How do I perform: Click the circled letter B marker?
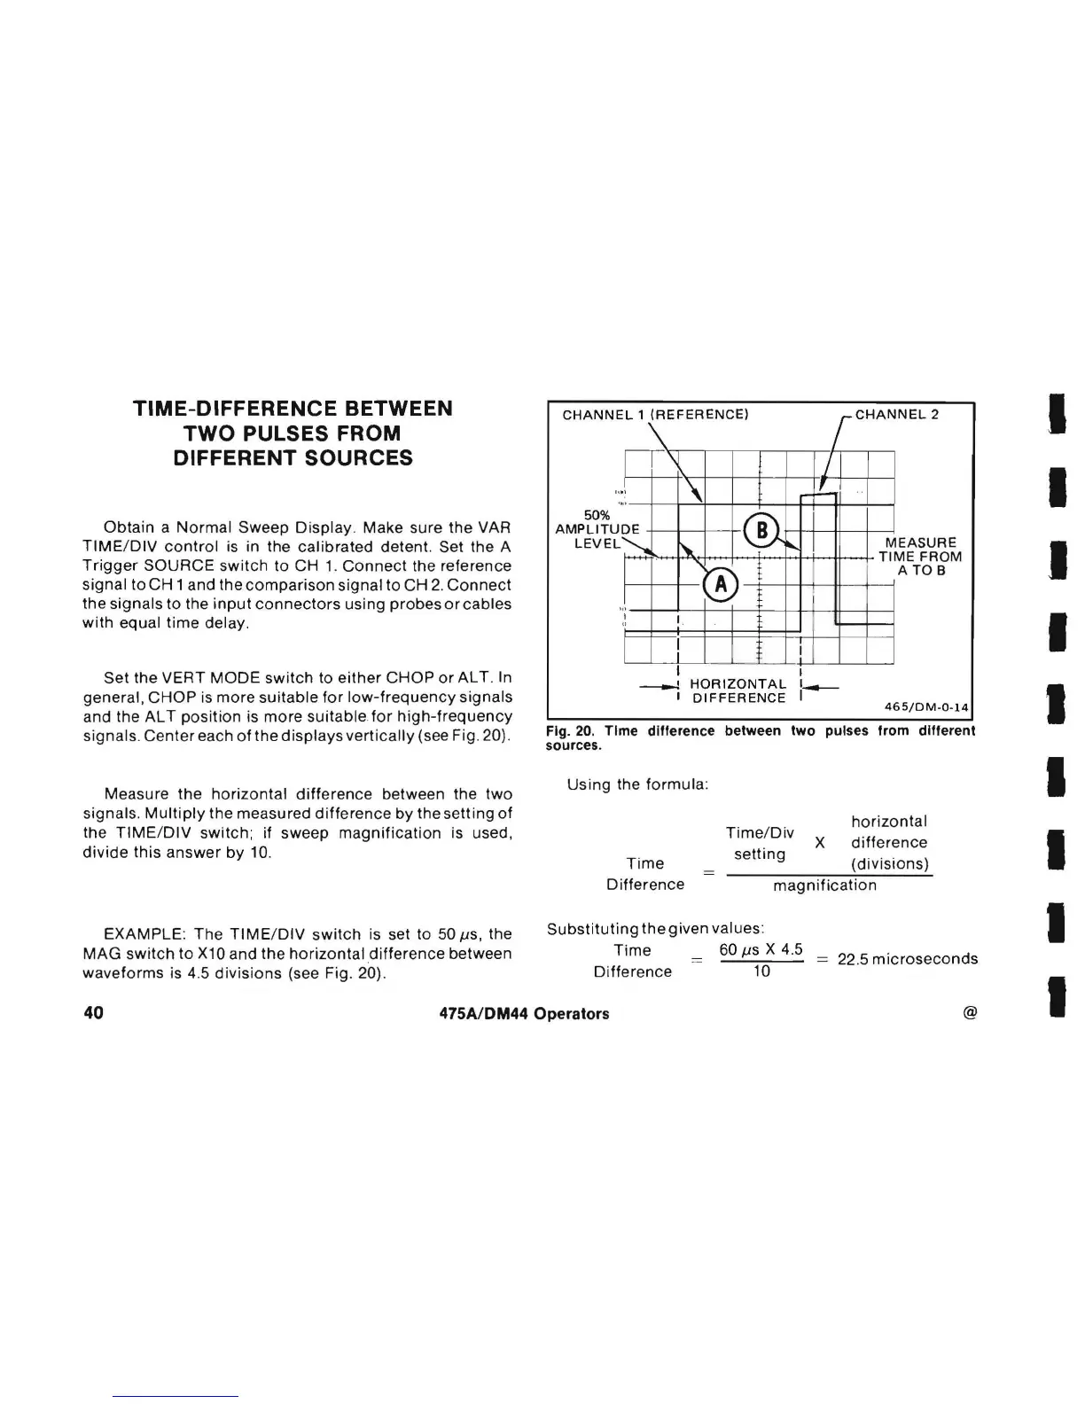(760, 531)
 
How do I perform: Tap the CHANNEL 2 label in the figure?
(896, 414)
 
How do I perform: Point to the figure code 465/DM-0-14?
(927, 706)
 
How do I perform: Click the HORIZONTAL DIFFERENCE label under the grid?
(738, 691)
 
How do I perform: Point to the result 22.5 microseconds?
(908, 959)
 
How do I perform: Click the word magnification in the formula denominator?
(824, 885)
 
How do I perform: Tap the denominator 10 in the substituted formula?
(761, 972)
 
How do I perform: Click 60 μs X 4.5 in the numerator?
(761, 950)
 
